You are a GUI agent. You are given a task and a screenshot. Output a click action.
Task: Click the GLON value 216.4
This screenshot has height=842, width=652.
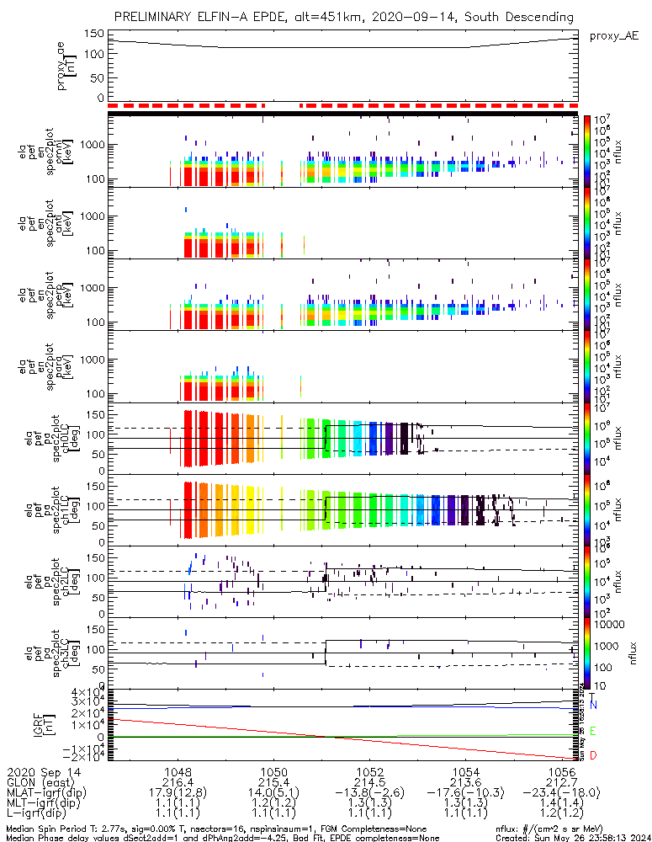click(178, 781)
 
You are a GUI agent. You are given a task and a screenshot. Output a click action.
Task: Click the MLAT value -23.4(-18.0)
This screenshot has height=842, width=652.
click(562, 792)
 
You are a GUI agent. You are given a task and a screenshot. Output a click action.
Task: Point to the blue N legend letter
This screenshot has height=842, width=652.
click(593, 704)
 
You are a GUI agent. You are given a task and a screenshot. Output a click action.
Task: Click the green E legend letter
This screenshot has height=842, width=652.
click(593, 731)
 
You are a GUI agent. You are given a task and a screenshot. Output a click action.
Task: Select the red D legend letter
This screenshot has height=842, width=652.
click(593, 756)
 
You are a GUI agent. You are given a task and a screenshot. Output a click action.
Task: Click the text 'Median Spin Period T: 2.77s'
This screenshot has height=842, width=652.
click(72, 829)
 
